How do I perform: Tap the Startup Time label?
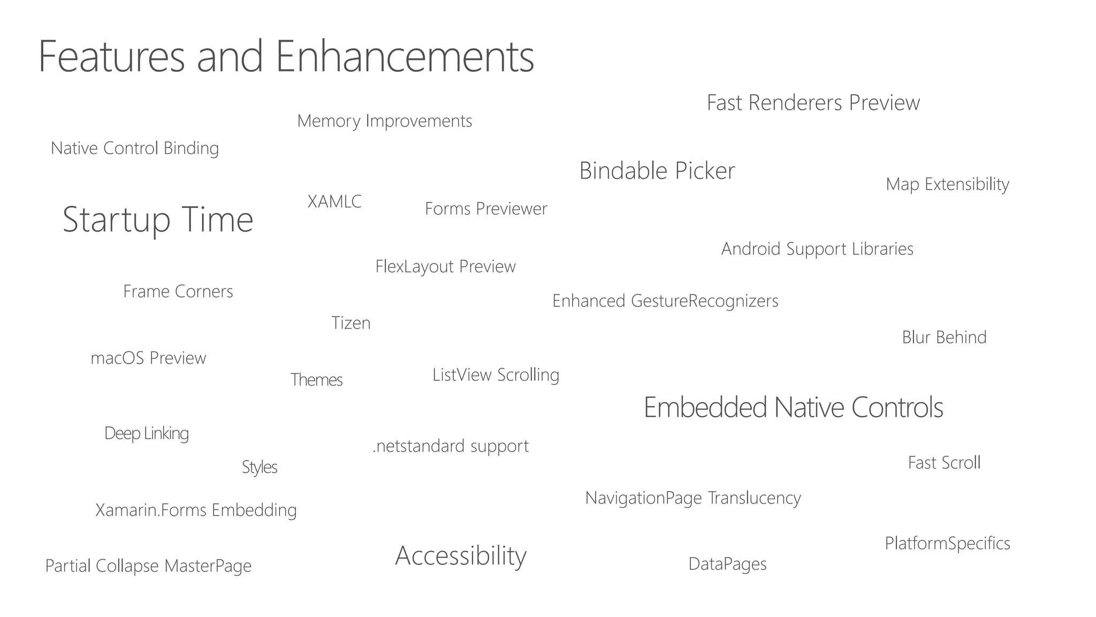(x=158, y=220)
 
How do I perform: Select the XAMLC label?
(x=334, y=202)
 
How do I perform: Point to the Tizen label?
(x=351, y=323)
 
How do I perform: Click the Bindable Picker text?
(x=657, y=171)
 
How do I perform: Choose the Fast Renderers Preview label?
(x=813, y=103)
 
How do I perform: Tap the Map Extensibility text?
(x=947, y=184)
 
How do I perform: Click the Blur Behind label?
(x=944, y=337)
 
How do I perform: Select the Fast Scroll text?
(x=944, y=463)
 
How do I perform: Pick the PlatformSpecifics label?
(x=947, y=544)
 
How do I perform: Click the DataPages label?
(x=727, y=564)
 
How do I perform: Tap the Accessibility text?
(x=461, y=556)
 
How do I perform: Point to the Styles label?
(x=260, y=468)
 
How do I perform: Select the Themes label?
(x=316, y=380)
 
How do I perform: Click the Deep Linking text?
(x=147, y=433)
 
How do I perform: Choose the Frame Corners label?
(x=178, y=291)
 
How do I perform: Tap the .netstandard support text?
(x=451, y=446)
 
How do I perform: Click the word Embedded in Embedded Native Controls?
(x=706, y=408)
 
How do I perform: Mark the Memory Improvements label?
(x=384, y=121)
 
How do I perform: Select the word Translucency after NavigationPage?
(x=754, y=498)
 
